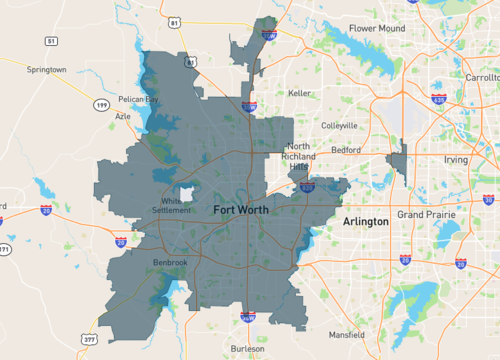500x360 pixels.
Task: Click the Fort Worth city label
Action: (x=248, y=209)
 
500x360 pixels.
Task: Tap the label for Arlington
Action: (x=365, y=220)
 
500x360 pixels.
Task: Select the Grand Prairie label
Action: (x=426, y=215)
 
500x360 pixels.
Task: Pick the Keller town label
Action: (x=300, y=93)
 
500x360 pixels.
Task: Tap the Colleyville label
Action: (x=340, y=125)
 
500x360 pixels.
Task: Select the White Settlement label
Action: (x=170, y=205)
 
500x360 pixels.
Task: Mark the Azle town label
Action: (x=123, y=116)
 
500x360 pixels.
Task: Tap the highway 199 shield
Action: (x=101, y=103)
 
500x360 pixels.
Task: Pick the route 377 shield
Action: (x=90, y=339)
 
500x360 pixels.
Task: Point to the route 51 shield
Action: (x=50, y=41)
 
